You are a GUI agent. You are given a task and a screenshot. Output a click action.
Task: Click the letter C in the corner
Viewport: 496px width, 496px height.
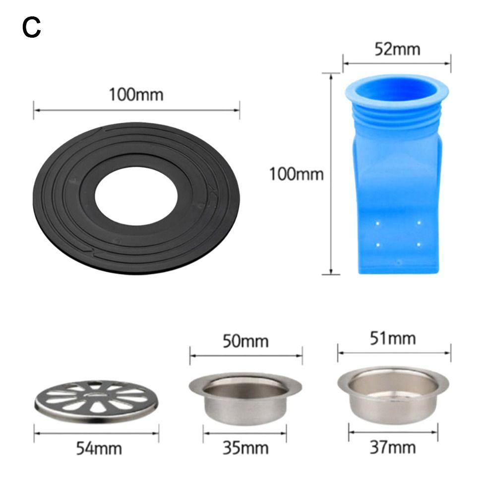[x=31, y=28]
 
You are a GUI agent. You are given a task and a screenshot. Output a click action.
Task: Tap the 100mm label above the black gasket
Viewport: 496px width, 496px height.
[x=136, y=94]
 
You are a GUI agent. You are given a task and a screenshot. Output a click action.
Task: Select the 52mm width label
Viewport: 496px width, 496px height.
[x=396, y=49]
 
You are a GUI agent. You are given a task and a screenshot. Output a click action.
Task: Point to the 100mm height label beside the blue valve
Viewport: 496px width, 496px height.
[x=296, y=174]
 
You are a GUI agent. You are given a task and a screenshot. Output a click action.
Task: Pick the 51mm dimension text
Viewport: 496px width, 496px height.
[x=393, y=339]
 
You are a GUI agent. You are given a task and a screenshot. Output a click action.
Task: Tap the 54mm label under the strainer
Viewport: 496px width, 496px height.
[x=99, y=448]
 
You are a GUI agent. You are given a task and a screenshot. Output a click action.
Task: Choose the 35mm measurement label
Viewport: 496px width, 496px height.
[x=246, y=448]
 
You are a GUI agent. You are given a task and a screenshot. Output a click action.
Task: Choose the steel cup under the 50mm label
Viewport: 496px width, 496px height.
[x=245, y=399]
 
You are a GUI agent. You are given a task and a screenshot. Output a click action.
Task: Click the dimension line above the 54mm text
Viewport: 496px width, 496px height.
[x=97, y=432]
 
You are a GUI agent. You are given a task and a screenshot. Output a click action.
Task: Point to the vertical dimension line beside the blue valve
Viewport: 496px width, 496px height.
[x=331, y=174]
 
